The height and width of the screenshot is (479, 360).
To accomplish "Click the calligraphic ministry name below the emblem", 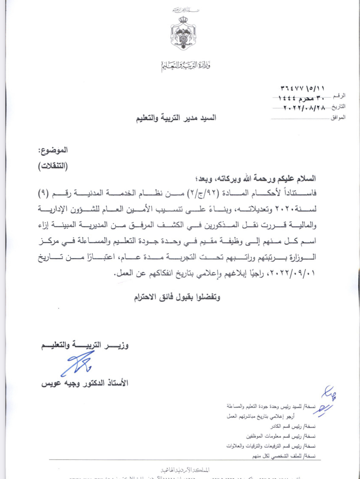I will (x=186, y=66).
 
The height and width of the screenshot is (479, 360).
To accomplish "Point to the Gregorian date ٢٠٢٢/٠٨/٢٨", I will (x=304, y=108).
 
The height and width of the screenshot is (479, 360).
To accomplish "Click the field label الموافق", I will (x=338, y=117).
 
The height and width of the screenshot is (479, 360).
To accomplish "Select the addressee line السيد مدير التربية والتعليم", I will (x=176, y=118).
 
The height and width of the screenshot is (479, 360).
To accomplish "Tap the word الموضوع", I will (x=53, y=150).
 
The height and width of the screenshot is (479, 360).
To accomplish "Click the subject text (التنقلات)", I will (x=53, y=166).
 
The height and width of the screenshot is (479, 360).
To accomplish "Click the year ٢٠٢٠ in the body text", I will (x=284, y=209).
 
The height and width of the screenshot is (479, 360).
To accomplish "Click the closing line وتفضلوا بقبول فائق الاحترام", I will (x=177, y=297).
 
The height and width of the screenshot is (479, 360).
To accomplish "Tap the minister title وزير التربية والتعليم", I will (x=85, y=345).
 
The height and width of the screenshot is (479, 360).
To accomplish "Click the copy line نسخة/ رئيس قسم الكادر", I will (x=293, y=426).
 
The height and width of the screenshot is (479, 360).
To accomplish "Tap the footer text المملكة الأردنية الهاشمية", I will (x=185, y=470).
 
